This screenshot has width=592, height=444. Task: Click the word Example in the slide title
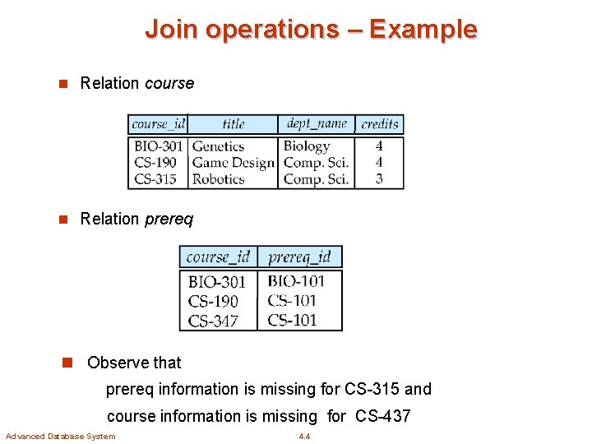[423, 30]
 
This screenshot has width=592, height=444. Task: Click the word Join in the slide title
[171, 30]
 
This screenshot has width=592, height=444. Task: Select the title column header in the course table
[234, 124]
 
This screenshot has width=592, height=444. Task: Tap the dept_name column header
[317, 124]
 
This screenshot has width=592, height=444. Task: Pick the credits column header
[380, 124]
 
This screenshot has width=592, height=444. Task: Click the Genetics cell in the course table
[218, 146]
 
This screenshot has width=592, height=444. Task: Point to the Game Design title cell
[233, 163]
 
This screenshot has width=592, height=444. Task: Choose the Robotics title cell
[218, 179]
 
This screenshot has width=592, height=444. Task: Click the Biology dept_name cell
[306, 146]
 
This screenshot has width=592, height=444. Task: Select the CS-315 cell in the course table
[155, 179]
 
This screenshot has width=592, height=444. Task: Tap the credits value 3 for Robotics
[379, 179]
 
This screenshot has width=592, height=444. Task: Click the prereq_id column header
[299, 257]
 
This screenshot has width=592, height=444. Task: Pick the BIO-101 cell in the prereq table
[296, 281]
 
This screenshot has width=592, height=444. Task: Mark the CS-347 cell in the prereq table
[213, 321]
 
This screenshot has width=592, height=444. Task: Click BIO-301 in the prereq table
[217, 282]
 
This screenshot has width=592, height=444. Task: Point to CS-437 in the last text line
[382, 416]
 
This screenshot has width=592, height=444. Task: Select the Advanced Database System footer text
[60, 436]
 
